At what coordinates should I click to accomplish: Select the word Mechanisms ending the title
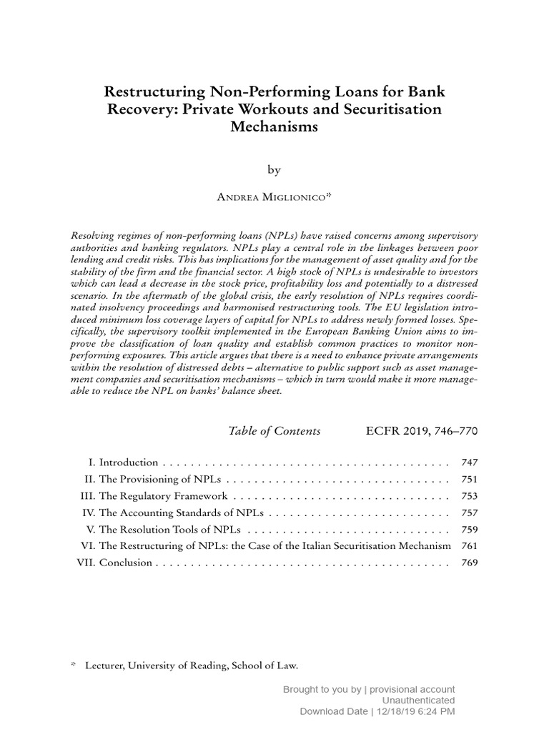coord(274,127)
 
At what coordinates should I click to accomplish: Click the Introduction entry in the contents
coord(128,463)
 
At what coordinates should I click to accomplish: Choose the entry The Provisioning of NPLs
coord(159,479)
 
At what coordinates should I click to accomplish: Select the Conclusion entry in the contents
coord(125,563)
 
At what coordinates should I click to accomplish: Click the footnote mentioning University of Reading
coord(190,665)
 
